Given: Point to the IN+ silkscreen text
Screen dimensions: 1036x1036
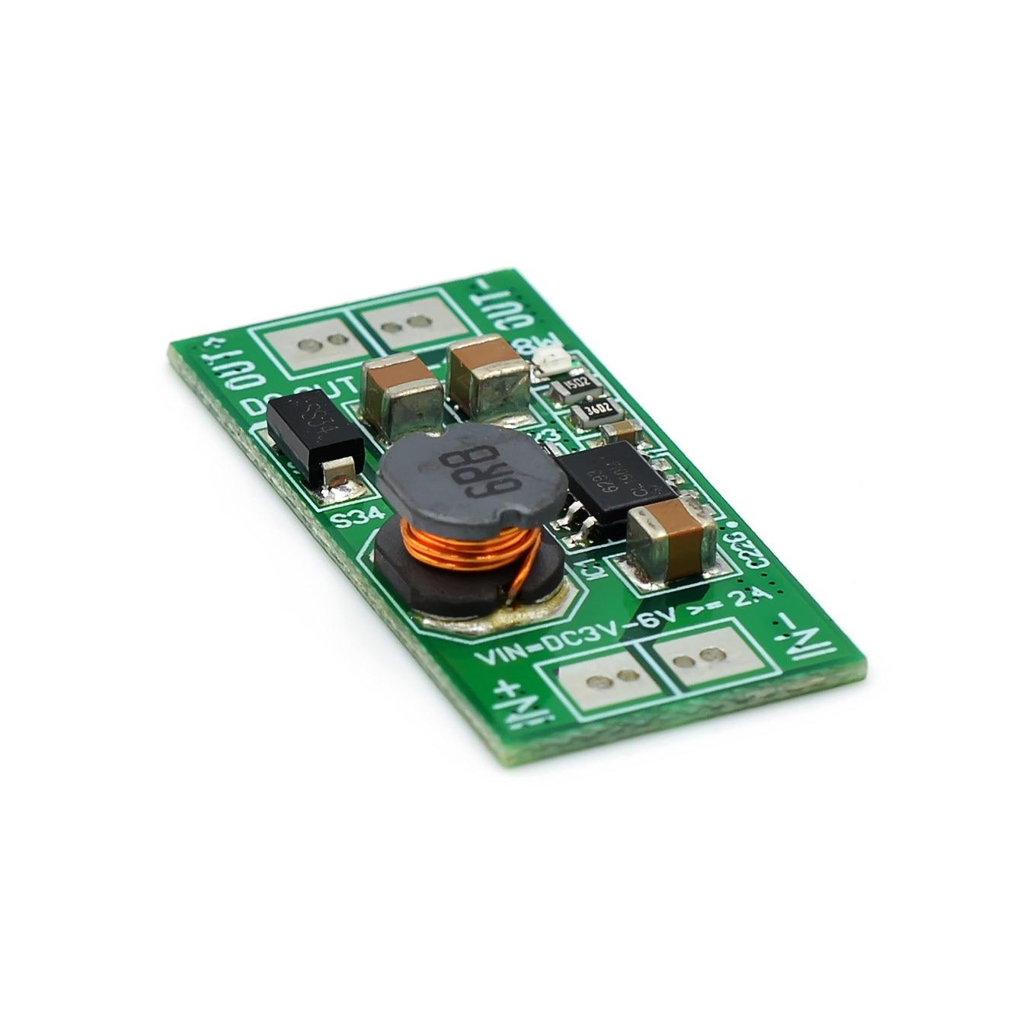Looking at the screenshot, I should tap(508, 705).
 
